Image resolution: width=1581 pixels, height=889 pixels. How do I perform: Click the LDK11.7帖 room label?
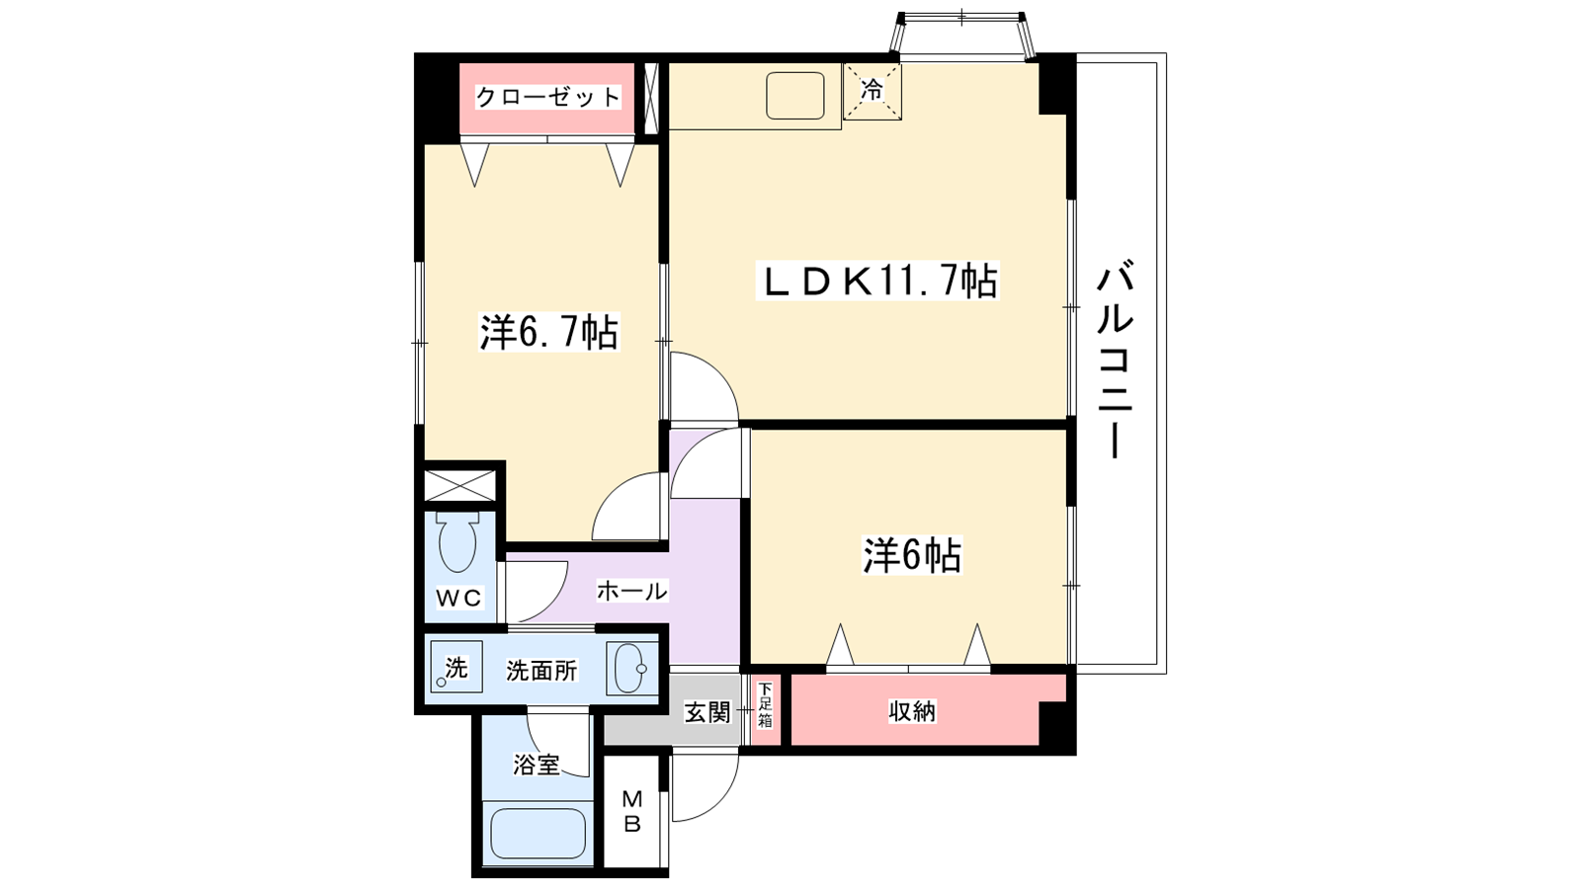pyautogui.click(x=877, y=283)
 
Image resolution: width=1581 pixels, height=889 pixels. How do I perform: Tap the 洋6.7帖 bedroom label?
pyautogui.click(x=548, y=333)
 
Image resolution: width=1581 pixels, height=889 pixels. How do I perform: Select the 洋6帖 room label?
pyautogui.click(x=911, y=556)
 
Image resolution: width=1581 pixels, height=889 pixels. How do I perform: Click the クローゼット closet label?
pyautogui.click(x=547, y=97)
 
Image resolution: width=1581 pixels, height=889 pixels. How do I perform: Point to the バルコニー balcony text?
pyautogui.click(x=1115, y=361)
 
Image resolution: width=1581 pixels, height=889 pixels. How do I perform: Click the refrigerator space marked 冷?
pyautogui.click(x=872, y=91)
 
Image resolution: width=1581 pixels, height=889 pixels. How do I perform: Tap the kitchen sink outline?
pyautogui.click(x=794, y=96)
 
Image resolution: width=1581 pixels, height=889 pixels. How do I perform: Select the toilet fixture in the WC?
pyautogui.click(x=457, y=541)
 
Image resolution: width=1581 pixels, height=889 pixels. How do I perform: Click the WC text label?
pyautogui.click(x=458, y=598)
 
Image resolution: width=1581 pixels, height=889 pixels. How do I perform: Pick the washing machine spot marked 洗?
pyautogui.click(x=456, y=668)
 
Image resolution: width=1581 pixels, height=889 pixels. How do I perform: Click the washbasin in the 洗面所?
pyautogui.click(x=630, y=669)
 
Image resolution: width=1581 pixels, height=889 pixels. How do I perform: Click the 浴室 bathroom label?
pyautogui.click(x=536, y=765)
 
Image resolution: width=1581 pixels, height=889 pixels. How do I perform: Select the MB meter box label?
pyautogui.click(x=632, y=810)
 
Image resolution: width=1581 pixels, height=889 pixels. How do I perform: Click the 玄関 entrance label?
pyautogui.click(x=707, y=711)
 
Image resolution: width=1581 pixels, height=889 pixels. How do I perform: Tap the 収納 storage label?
pyautogui.click(x=911, y=711)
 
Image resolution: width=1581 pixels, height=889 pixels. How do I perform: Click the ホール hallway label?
pyautogui.click(x=631, y=591)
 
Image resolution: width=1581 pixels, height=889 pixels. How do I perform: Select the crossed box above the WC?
pyautogui.click(x=459, y=486)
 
